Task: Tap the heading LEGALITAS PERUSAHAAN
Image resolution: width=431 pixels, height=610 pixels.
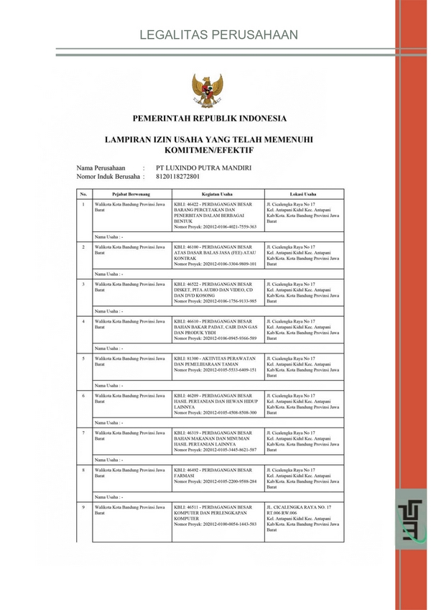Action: pos(208,34)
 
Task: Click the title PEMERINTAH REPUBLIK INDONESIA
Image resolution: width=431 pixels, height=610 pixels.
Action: pos(209,119)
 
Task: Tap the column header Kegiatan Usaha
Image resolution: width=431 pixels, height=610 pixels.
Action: pos(216,193)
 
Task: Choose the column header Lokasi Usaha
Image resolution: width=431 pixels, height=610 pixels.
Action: pos(303,193)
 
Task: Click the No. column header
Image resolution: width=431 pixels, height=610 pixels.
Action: pos(83,193)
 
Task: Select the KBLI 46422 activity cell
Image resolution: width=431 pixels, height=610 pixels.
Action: pos(216,215)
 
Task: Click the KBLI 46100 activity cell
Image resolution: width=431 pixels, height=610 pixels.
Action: pos(216,255)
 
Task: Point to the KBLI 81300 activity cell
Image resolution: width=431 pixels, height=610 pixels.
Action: pos(216,364)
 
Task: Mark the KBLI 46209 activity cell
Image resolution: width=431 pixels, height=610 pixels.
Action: pos(216,403)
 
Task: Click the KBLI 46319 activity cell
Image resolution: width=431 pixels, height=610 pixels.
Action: pos(216,440)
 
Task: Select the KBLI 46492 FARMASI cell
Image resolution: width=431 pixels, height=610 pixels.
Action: pos(216,476)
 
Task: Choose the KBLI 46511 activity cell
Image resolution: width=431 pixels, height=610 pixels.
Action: pos(216,516)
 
